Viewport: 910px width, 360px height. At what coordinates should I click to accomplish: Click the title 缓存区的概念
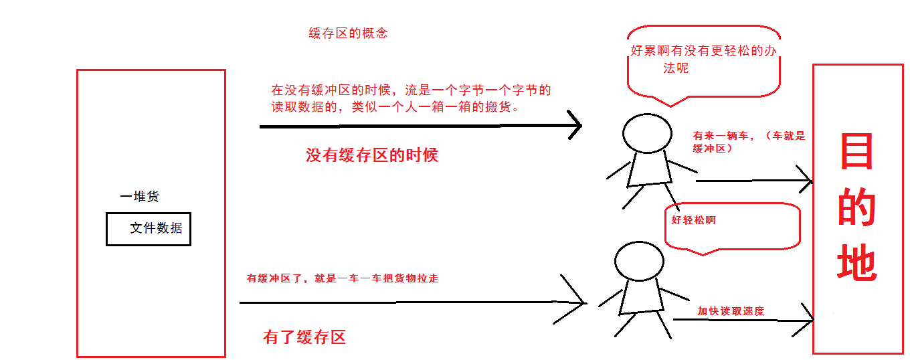coord(347,33)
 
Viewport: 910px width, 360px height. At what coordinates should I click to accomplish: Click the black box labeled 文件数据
coord(149,229)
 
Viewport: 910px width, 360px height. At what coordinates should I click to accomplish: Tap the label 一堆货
coord(139,197)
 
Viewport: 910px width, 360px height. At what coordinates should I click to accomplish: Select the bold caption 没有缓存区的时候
coord(371,156)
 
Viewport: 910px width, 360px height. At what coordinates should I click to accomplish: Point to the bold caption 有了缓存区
coord(304,337)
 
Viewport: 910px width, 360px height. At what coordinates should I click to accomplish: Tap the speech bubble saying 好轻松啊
coord(732,226)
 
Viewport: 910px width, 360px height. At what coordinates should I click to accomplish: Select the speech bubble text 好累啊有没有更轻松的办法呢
coord(703,60)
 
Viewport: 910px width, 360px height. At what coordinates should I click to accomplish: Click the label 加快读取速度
coord(730,311)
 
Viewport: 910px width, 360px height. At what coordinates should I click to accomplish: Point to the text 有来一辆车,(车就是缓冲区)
coord(748,142)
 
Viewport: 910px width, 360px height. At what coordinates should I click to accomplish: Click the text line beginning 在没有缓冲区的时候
coord(410,90)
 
